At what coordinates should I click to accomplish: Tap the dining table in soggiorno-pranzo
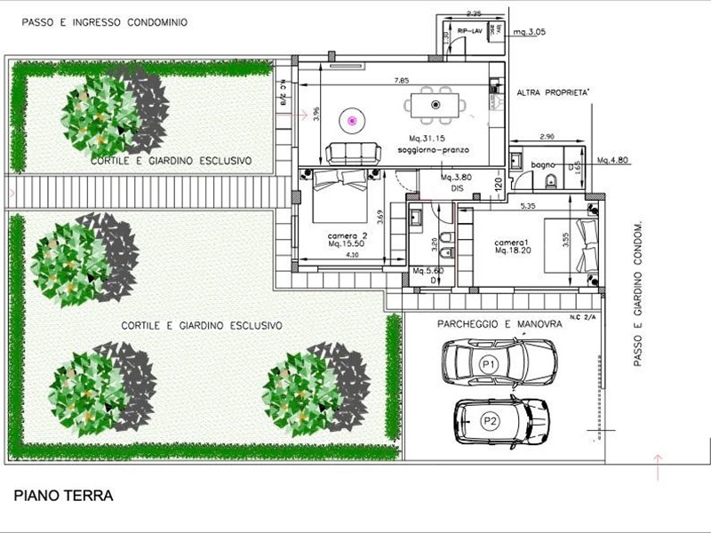pyautogui.click(x=435, y=105)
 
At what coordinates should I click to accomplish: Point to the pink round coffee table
pyautogui.click(x=352, y=119)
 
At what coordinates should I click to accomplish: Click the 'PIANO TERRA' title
pyautogui.click(x=64, y=496)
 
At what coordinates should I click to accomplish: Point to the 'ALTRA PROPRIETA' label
pyautogui.click(x=553, y=91)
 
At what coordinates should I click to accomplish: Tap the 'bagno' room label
pyautogui.click(x=542, y=165)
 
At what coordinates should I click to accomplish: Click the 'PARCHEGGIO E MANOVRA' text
pyautogui.click(x=500, y=325)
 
